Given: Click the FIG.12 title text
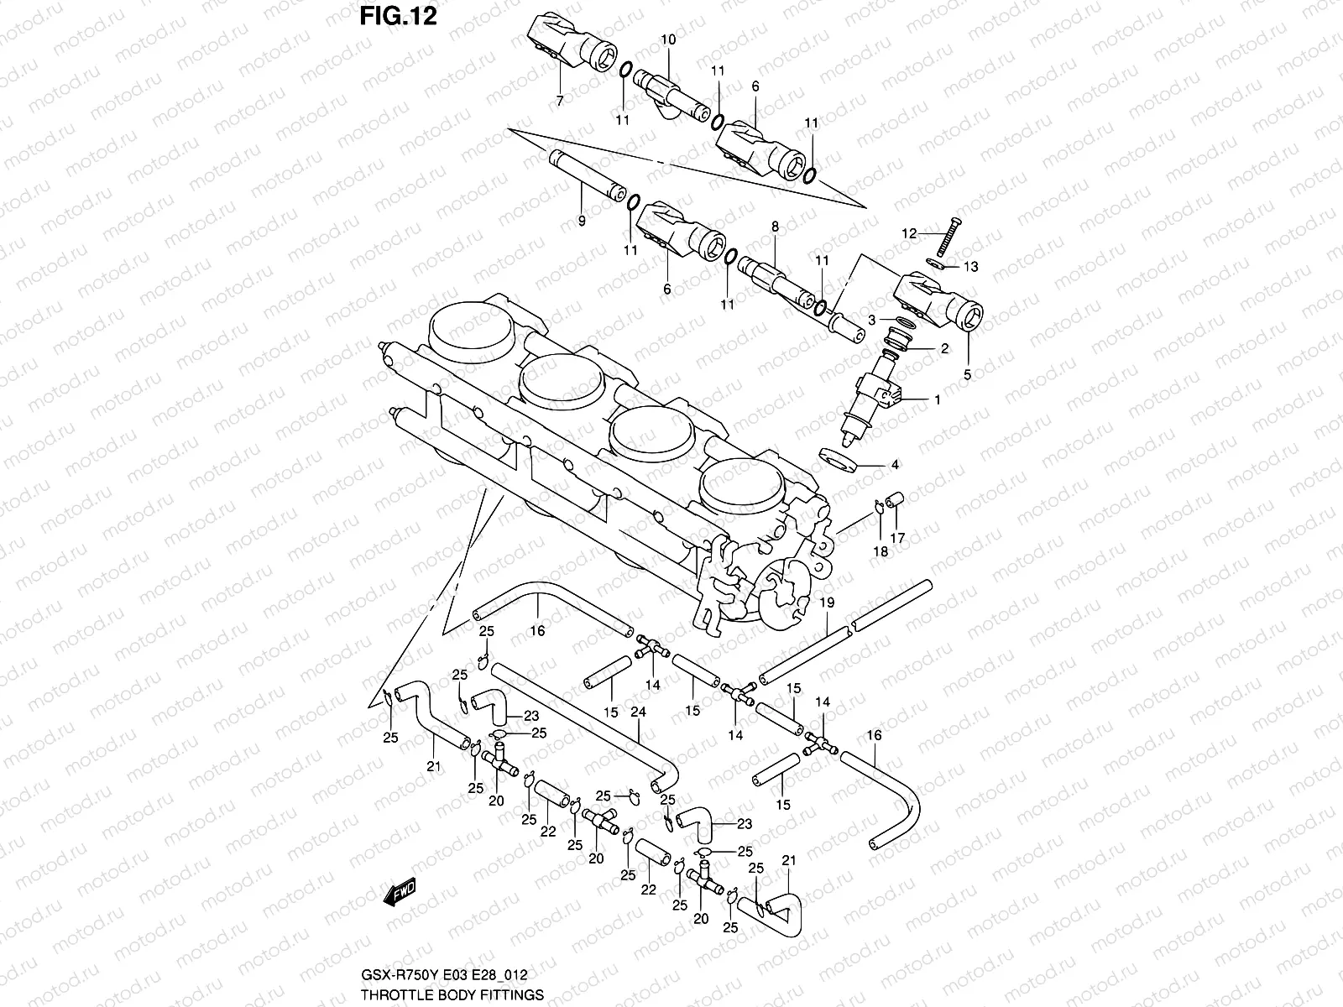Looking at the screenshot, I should [x=398, y=16].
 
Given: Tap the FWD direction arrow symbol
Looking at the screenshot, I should [x=400, y=894].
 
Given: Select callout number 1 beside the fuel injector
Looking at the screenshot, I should [x=938, y=400].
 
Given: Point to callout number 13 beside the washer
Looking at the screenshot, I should [x=971, y=268].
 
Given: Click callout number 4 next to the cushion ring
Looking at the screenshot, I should [x=895, y=464].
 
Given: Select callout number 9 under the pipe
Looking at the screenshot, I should [x=581, y=221].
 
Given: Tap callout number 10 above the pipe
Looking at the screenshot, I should [x=668, y=39].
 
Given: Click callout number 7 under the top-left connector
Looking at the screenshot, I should [x=560, y=101].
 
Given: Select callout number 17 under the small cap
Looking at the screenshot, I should [x=897, y=538].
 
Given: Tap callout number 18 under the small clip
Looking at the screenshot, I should [x=881, y=551].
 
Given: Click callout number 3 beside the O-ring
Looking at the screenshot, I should [x=872, y=320].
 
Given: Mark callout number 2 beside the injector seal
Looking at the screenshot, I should [x=944, y=349].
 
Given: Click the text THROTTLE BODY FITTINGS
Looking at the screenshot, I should [x=452, y=994].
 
